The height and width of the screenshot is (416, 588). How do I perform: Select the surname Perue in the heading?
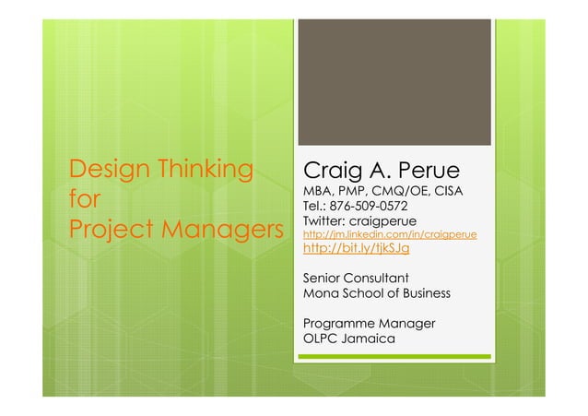point(430,172)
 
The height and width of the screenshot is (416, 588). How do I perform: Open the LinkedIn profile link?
point(389,236)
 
